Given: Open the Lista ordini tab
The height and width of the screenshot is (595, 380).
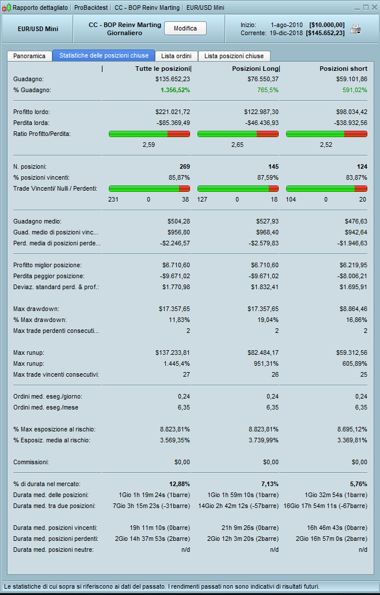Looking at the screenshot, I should (176, 56).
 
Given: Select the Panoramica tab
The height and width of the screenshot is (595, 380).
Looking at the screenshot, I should (29, 56).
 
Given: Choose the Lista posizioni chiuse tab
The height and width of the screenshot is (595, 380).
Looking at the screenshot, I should (234, 56).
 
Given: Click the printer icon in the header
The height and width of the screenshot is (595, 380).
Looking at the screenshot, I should (356, 29).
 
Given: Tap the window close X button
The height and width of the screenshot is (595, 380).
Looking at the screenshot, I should (372, 7).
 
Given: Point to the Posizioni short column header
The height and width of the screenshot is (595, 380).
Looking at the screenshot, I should (343, 69).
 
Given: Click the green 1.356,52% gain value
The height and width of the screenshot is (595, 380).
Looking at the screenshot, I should (173, 90).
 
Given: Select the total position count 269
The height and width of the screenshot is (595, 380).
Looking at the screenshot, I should (184, 166).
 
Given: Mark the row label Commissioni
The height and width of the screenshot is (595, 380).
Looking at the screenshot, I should (31, 462).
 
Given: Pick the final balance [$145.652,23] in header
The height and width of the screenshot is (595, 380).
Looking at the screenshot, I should (326, 33).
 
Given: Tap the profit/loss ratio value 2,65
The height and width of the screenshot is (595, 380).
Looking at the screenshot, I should (238, 145).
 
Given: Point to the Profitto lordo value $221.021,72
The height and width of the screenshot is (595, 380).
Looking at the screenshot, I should (173, 111).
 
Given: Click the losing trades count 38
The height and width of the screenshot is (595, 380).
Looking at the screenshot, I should (185, 199).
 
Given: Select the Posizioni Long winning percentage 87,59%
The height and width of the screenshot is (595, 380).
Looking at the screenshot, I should (268, 177).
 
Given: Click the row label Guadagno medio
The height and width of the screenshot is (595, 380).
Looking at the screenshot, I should (37, 221).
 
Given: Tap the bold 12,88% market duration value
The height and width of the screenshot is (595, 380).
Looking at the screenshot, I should (178, 483).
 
